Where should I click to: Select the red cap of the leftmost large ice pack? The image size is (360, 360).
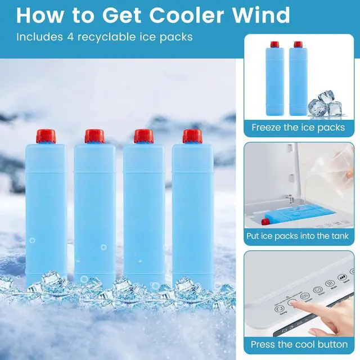click(46, 136)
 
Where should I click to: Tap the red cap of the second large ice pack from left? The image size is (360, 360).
click(94, 136)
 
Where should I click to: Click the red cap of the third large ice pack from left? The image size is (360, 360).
click(143, 136)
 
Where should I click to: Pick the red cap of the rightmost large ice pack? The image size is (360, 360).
click(192, 136)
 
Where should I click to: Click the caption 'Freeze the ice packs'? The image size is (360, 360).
click(298, 127)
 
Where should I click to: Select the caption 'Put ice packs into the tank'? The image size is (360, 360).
click(298, 236)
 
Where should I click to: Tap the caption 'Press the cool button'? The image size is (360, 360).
click(298, 344)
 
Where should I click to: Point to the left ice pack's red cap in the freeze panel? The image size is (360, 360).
click(274, 44)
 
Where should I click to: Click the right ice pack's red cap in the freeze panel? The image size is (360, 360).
click(298, 44)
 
